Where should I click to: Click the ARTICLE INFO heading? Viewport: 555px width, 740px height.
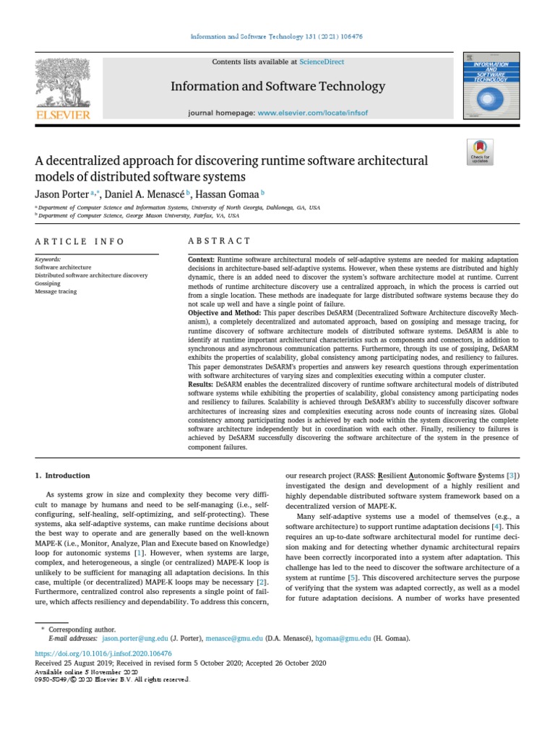tap(79, 241)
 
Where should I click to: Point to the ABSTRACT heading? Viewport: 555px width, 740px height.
tap(219, 241)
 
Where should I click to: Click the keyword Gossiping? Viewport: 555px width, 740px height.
tap(49, 283)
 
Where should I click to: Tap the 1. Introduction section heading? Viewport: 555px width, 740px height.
tap(63, 476)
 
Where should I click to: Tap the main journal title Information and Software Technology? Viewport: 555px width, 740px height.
tap(277, 87)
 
